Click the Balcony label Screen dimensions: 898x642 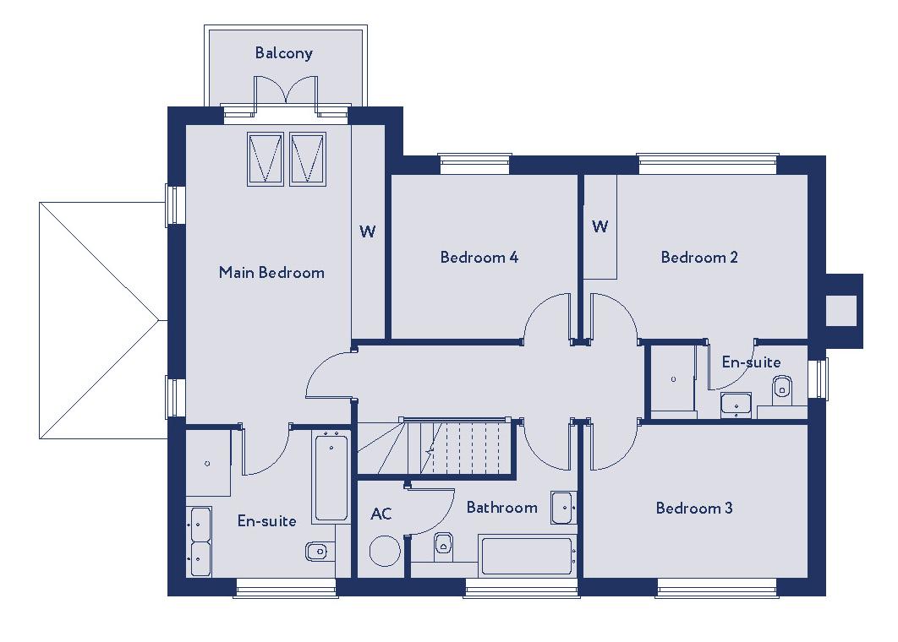[x=284, y=53]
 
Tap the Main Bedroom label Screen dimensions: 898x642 [x=271, y=272]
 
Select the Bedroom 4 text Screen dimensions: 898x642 [x=479, y=258]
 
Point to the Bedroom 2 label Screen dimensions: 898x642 [x=699, y=258]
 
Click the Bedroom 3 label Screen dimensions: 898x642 [x=694, y=508]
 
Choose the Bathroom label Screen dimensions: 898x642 [x=501, y=508]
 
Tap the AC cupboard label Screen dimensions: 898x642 [x=381, y=514]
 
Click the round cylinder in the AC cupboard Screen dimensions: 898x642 [x=385, y=552]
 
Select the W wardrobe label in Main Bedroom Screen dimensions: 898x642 [x=368, y=231]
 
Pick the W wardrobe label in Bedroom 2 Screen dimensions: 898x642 [x=600, y=226]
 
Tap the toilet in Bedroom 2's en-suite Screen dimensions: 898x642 [x=782, y=387]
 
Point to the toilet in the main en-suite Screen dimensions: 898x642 [x=317, y=552]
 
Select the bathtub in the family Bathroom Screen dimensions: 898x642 [x=527, y=556]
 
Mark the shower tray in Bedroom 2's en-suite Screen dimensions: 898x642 [x=673, y=378]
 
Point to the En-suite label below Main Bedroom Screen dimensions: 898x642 [x=267, y=521]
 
